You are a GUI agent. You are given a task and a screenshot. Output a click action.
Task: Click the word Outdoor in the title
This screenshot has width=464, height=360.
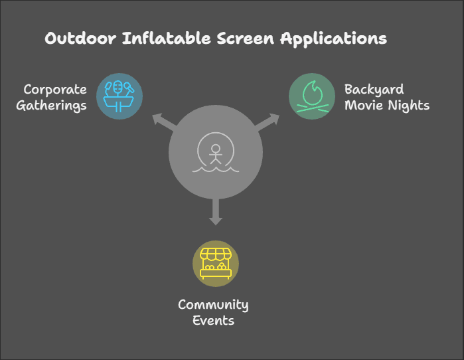click(80, 39)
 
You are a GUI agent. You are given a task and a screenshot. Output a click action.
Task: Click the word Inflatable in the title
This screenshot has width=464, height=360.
click(167, 38)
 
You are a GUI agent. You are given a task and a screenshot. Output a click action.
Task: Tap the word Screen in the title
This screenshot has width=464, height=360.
click(246, 39)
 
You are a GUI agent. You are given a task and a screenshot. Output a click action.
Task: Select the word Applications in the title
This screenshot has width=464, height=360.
click(333, 39)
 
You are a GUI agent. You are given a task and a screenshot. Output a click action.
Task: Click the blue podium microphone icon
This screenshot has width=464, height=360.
click(119, 96)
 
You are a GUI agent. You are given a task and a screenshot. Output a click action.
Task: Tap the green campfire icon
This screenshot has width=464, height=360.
click(313, 96)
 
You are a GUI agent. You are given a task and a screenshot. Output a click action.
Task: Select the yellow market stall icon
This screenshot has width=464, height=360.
click(216, 264)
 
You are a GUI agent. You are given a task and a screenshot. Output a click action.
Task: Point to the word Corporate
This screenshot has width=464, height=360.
click(55, 90)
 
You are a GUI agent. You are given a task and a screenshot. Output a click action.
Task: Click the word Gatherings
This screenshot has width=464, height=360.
click(52, 106)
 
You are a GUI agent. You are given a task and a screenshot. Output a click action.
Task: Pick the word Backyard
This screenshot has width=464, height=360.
click(374, 90)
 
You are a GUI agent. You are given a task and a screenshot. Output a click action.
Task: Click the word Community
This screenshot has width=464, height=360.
click(213, 305)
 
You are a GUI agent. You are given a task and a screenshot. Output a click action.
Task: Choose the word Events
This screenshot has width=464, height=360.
click(213, 321)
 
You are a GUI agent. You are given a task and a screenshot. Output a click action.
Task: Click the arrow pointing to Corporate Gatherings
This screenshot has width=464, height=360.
click(165, 122)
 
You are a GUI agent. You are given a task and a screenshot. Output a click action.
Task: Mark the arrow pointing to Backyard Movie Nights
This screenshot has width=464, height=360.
click(267, 122)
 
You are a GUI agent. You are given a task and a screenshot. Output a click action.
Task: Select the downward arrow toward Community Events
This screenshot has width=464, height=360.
click(216, 212)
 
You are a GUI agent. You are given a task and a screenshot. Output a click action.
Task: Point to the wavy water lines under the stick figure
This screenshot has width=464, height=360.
click(216, 169)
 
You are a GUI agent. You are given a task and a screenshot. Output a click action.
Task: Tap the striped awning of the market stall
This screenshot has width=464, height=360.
click(216, 254)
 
